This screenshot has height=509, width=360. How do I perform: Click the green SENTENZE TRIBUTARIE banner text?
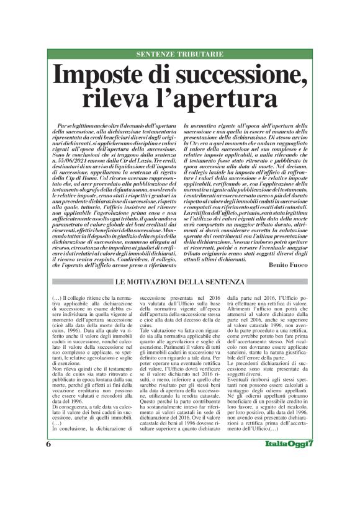179,54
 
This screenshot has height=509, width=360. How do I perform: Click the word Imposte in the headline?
117,75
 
